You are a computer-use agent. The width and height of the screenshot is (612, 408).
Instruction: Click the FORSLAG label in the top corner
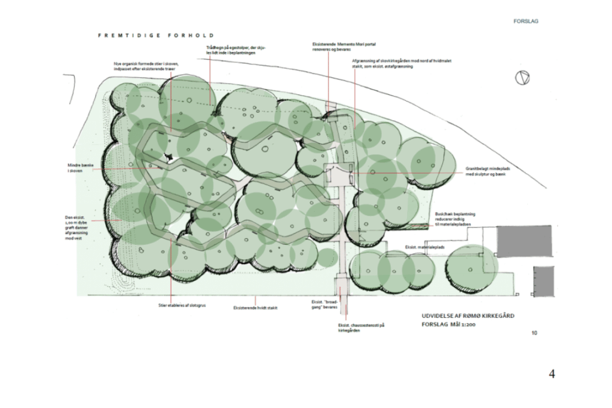(526, 22)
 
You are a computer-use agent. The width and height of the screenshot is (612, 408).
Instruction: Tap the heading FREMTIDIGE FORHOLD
(155, 36)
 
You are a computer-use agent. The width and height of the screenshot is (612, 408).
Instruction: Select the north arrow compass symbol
(522, 78)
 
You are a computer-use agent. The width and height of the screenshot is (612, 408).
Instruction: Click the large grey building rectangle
(524, 241)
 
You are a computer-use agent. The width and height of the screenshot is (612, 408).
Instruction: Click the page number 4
(552, 375)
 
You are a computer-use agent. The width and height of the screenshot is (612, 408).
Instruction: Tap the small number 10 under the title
(533, 333)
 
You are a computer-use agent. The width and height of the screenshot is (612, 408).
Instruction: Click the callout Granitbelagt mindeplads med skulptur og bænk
(483, 172)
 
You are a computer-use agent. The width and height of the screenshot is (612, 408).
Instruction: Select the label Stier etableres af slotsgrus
(170, 305)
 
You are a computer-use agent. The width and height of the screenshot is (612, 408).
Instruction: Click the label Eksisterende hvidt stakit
(255, 308)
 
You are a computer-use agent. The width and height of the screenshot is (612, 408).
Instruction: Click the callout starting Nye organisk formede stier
(146, 66)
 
